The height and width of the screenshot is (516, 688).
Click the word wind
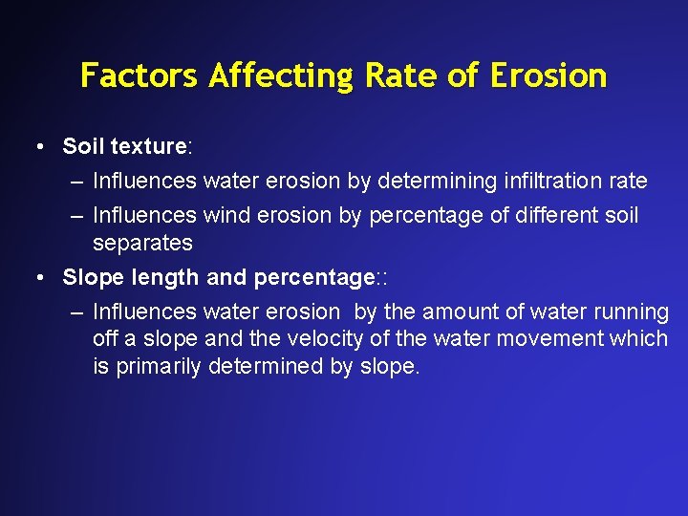(225, 216)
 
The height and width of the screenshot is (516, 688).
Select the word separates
(142, 244)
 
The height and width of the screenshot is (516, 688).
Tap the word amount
(453, 312)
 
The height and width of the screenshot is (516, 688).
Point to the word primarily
(159, 367)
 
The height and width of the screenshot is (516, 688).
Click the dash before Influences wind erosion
(76, 216)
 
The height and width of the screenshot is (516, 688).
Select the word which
(642, 339)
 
